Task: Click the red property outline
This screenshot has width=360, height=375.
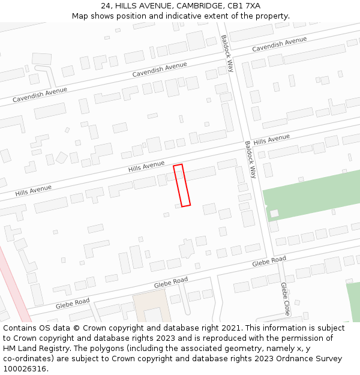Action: click(182, 185)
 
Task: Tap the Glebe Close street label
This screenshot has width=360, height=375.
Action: click(285, 299)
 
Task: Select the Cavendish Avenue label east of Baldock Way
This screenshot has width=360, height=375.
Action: click(279, 44)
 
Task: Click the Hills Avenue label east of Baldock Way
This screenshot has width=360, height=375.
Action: click(271, 140)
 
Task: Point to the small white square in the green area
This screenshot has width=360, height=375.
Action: click(274, 214)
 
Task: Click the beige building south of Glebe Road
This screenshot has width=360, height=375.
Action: click(151, 306)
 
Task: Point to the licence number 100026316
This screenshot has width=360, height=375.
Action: click(25, 369)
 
